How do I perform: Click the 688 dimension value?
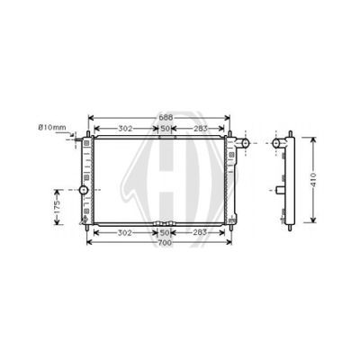pyautogui.click(x=165, y=117)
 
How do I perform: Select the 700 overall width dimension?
pyautogui.click(x=165, y=243)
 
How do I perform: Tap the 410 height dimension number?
pyautogui.click(x=313, y=180)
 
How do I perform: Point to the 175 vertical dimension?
pyautogui.click(x=58, y=207)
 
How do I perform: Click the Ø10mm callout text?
pyautogui.click(x=52, y=128)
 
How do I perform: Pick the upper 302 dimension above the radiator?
pyautogui.click(x=125, y=129)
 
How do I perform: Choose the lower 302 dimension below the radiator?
pyautogui.click(x=125, y=233)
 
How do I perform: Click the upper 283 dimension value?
pyautogui.click(x=201, y=129)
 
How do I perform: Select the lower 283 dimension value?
pyautogui.click(x=200, y=232)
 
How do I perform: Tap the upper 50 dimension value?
pyautogui.click(x=165, y=129)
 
